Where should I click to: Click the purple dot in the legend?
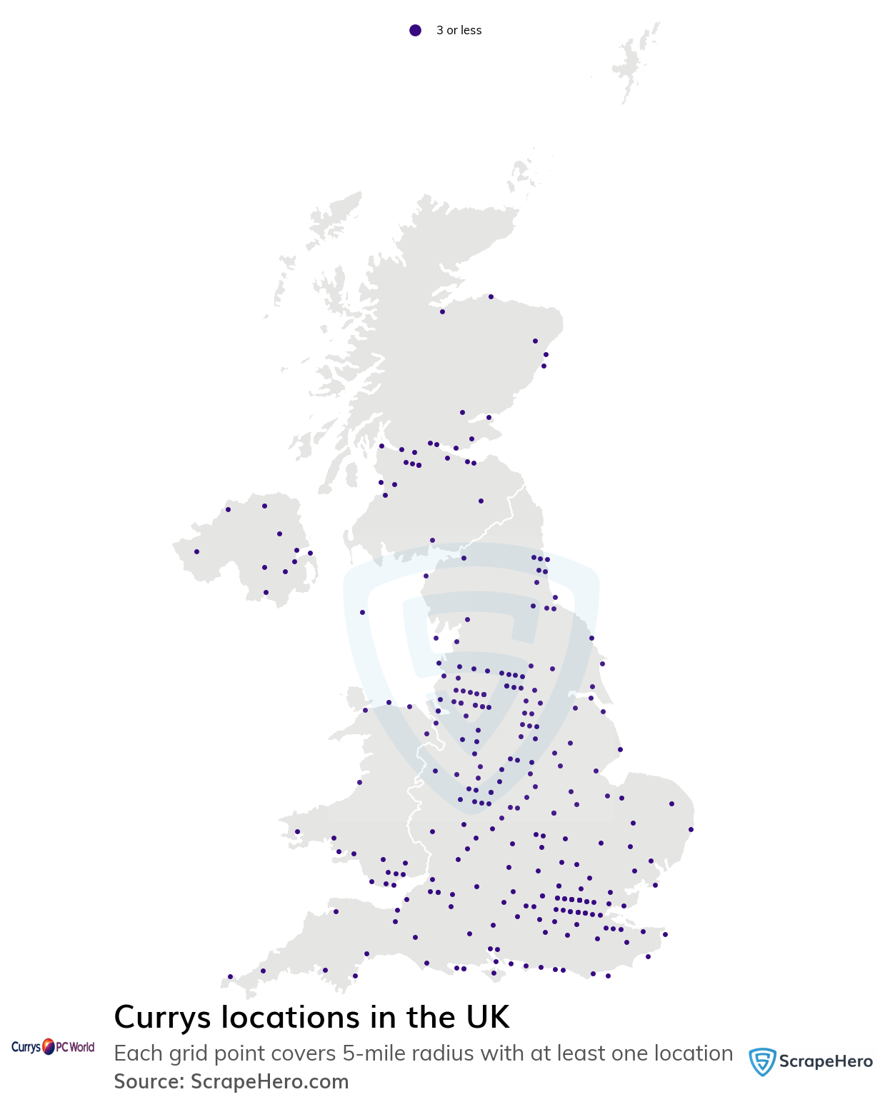pyautogui.click(x=415, y=30)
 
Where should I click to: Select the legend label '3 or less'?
pyautogui.click(x=459, y=30)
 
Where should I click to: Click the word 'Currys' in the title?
pyautogui.click(x=161, y=1017)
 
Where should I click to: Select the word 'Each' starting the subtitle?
pyautogui.click(x=137, y=1053)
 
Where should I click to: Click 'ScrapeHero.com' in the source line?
pyautogui.click(x=269, y=1081)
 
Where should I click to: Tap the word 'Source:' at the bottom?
pyautogui.click(x=149, y=1081)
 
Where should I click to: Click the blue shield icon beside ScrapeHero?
pyautogui.click(x=761, y=1062)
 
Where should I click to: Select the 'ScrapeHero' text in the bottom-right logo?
pyautogui.click(x=825, y=1061)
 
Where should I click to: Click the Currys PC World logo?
pyautogui.click(x=53, y=1047)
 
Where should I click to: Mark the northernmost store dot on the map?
pyautogui.click(x=491, y=296)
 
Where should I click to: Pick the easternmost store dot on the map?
pyautogui.click(x=691, y=829)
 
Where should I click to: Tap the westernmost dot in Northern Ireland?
pyautogui.click(x=196, y=551)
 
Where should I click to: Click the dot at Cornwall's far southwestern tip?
pyautogui.click(x=230, y=976)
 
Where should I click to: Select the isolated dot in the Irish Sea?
pyautogui.click(x=362, y=612)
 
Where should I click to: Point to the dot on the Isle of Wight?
pyautogui.click(x=494, y=973)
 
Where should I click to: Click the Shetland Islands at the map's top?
pyautogui.click(x=632, y=61)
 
